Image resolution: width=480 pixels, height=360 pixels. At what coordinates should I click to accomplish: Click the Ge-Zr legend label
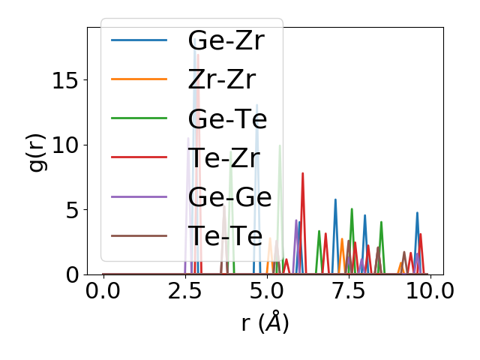click(226, 40)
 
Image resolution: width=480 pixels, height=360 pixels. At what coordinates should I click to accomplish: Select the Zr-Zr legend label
click(222, 79)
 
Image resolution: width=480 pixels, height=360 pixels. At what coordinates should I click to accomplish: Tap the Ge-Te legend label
click(227, 118)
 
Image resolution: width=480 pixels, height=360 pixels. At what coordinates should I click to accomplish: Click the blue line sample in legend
click(139, 40)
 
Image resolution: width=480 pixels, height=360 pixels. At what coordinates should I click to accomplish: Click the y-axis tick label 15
click(65, 80)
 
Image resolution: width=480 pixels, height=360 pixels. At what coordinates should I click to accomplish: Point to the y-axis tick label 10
click(65, 145)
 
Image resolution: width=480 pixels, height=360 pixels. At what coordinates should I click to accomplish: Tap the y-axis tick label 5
click(71, 210)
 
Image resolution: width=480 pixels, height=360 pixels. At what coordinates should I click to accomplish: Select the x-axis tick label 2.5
click(185, 292)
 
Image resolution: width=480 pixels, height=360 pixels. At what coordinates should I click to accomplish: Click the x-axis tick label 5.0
click(267, 292)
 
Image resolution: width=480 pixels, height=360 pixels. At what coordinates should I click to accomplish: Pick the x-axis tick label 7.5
click(349, 292)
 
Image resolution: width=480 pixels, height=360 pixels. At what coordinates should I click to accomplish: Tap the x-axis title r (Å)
click(265, 323)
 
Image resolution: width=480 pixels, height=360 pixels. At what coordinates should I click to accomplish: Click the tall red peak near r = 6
click(302, 174)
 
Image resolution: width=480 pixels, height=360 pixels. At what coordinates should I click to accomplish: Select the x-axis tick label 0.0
click(103, 292)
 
